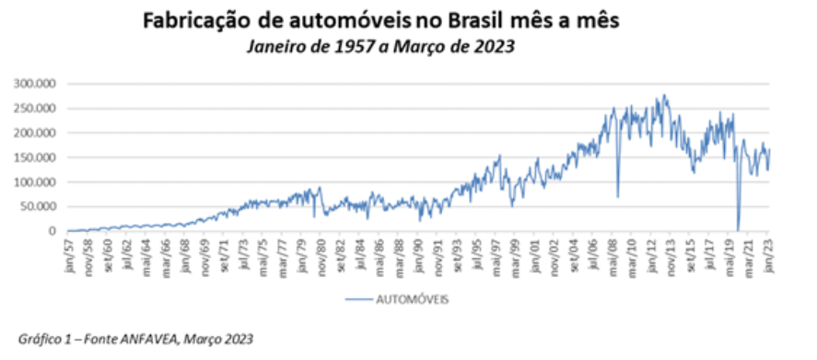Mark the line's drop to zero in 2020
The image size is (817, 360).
tap(738, 229)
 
